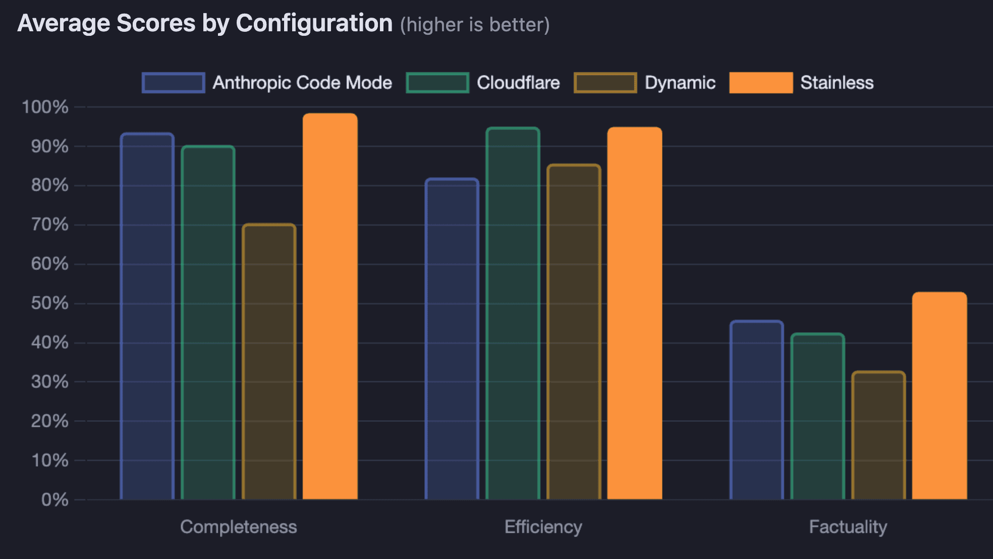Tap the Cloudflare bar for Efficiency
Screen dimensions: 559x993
tap(513, 313)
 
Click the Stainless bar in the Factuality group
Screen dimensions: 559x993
tap(940, 396)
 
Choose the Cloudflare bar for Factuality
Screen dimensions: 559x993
tap(817, 416)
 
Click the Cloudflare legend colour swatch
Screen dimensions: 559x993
tap(437, 83)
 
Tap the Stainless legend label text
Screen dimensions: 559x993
tap(837, 83)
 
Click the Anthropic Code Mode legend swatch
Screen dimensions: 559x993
tap(173, 83)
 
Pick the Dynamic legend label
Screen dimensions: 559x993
tap(680, 83)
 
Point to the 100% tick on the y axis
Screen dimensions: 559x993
tap(45, 107)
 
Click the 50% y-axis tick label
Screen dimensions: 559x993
tap(49, 303)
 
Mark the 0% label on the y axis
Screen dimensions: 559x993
tap(54, 500)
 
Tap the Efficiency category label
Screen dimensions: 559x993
tap(543, 527)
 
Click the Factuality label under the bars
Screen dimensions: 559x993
tap(848, 527)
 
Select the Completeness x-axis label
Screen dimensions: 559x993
tap(238, 527)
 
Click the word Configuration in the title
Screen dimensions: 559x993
tap(314, 23)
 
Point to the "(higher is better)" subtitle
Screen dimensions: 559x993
tap(475, 25)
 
